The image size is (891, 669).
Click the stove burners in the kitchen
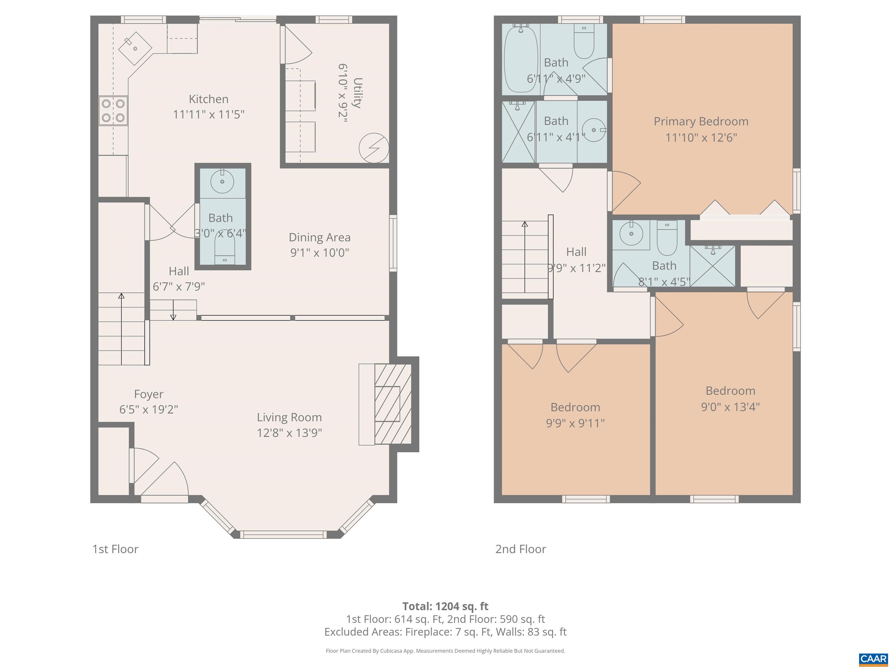point(113,111)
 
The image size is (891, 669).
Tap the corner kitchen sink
point(135,48)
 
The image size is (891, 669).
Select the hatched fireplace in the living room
point(393,404)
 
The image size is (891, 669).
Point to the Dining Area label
point(319,237)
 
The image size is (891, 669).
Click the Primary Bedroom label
point(701,121)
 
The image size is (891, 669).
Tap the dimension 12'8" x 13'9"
point(289,433)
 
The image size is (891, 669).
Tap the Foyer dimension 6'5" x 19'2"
point(148,409)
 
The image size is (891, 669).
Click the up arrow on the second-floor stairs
point(524,224)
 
